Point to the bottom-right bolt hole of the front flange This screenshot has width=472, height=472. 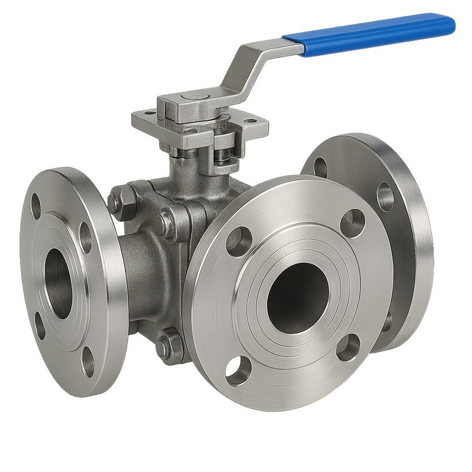point(348,348)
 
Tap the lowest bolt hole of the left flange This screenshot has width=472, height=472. point(89,369)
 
